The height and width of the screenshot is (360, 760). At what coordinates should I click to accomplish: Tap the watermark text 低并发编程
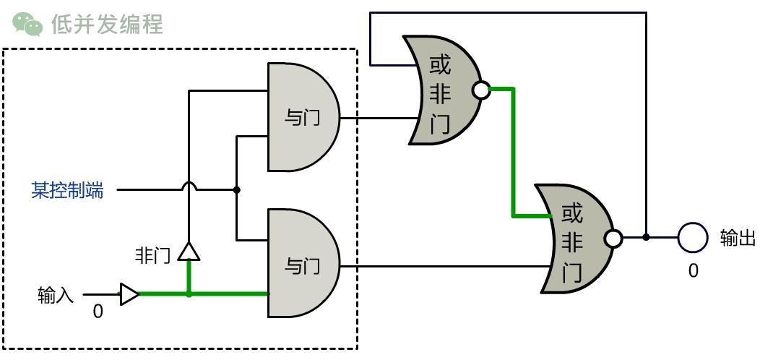(x=107, y=24)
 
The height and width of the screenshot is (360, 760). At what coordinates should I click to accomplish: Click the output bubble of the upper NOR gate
(x=480, y=90)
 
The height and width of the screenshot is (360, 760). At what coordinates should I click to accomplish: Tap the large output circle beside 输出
(x=691, y=237)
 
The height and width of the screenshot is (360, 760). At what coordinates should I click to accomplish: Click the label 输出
(x=738, y=238)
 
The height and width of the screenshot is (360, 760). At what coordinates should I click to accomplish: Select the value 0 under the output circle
(x=693, y=270)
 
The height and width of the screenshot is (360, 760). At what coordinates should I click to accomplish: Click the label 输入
(x=56, y=295)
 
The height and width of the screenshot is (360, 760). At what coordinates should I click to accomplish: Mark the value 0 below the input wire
(x=98, y=312)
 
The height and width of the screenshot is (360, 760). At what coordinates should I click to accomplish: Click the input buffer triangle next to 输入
(x=129, y=294)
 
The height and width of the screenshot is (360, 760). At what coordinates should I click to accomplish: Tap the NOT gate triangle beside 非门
(x=189, y=251)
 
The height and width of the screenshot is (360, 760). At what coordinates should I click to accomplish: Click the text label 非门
(x=152, y=255)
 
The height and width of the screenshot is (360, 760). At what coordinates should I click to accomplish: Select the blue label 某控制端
(x=67, y=191)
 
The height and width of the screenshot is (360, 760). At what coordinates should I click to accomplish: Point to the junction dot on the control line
(x=236, y=190)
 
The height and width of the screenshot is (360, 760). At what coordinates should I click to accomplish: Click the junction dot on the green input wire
(x=189, y=294)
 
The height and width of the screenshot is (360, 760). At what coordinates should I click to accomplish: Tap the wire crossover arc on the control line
(x=189, y=187)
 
